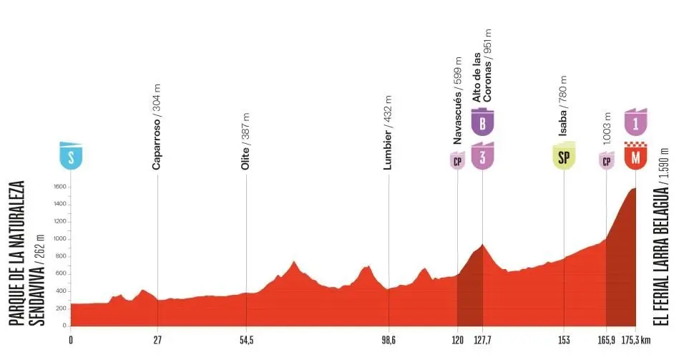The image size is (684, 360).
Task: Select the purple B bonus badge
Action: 483,122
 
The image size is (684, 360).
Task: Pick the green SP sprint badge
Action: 564,157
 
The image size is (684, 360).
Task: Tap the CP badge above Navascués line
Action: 457,160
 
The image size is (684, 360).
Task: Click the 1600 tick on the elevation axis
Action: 59,187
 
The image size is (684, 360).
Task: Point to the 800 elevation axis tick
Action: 61,256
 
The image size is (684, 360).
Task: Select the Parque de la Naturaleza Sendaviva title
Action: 26,254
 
